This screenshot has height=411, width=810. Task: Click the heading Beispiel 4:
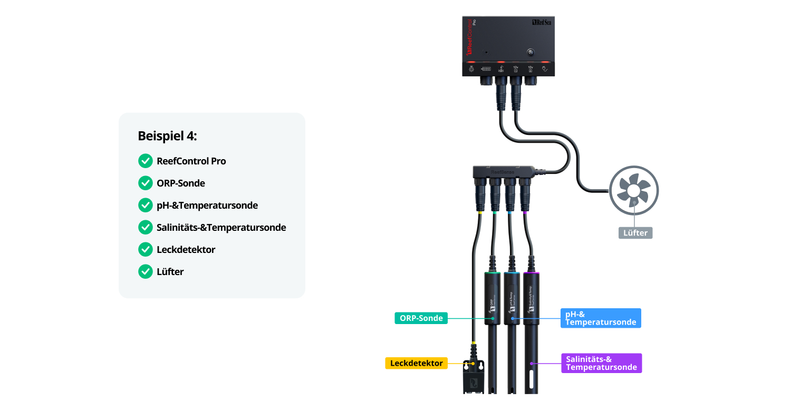click(x=167, y=136)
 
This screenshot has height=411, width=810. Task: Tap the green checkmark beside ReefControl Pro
click(x=145, y=161)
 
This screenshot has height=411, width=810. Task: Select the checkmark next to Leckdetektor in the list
click(x=145, y=249)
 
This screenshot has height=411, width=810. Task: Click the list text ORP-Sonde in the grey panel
click(x=181, y=183)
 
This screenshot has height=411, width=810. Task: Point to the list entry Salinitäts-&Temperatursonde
click(x=221, y=228)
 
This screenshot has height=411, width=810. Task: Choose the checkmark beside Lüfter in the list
click(x=145, y=271)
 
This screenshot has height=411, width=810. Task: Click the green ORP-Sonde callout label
click(x=421, y=318)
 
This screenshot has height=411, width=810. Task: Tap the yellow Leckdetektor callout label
click(x=417, y=363)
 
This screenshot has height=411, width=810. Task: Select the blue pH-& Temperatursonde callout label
click(x=601, y=318)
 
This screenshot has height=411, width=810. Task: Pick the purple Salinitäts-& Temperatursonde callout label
click(x=601, y=363)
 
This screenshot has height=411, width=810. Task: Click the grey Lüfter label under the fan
click(x=635, y=232)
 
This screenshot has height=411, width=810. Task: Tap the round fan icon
click(x=634, y=191)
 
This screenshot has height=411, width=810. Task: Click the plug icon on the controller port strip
click(x=546, y=68)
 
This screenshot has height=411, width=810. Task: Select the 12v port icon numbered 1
click(x=516, y=68)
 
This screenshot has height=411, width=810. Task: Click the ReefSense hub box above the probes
click(x=504, y=171)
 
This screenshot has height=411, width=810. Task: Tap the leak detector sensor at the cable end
click(x=473, y=377)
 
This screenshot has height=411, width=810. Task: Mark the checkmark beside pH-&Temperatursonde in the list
click(x=145, y=205)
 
